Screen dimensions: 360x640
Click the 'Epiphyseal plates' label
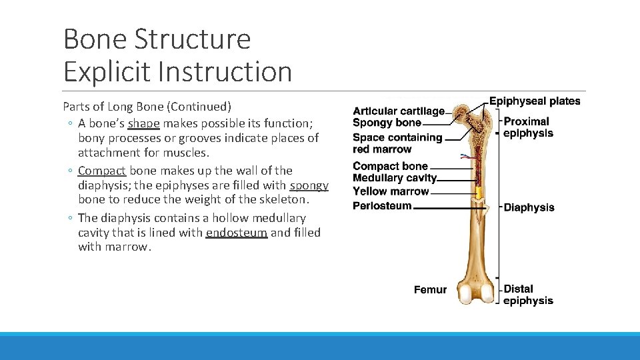click(x=535, y=101)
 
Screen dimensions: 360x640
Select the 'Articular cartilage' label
click(x=398, y=111)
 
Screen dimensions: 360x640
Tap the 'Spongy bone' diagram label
click(x=387, y=123)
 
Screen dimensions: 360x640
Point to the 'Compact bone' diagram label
click(x=390, y=166)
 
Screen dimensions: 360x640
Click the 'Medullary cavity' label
click(x=394, y=178)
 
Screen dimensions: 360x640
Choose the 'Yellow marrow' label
click(x=391, y=191)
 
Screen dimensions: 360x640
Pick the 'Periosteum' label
click(x=382, y=205)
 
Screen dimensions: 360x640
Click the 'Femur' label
click(x=430, y=289)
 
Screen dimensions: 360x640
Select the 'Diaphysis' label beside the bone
click(x=529, y=207)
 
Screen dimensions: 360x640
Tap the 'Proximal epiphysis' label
click(x=527, y=127)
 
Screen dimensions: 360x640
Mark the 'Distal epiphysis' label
click(x=528, y=295)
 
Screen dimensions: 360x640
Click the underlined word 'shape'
click(x=143, y=123)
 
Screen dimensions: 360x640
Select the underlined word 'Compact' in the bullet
click(x=102, y=171)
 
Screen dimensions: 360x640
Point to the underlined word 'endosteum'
click(x=237, y=233)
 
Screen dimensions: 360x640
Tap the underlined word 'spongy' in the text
click(x=309, y=185)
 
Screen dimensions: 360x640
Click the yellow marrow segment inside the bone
click(x=478, y=195)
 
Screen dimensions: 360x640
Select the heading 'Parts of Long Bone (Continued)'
click(x=147, y=107)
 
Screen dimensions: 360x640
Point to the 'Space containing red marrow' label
click(x=397, y=143)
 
